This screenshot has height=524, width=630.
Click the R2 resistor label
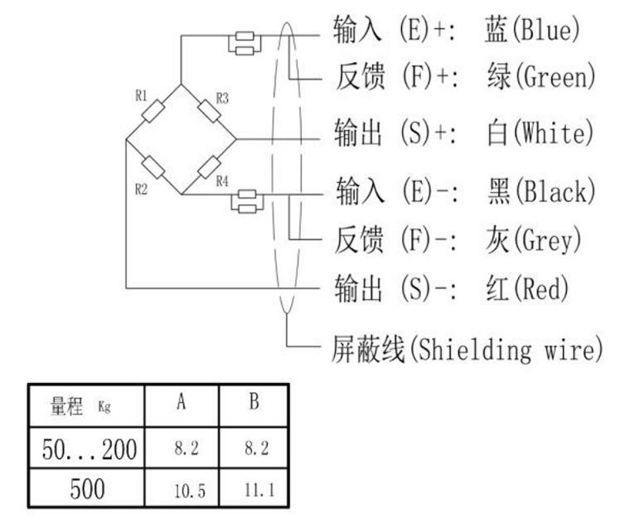[141, 189]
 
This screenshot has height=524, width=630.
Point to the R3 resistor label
[222, 98]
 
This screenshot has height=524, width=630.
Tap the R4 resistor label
[222, 181]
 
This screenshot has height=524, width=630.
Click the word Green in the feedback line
[555, 78]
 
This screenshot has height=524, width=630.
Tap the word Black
[555, 192]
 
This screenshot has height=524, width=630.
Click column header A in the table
[181, 404]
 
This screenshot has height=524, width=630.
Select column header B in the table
[254, 404]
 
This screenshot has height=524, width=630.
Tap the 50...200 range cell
[90, 449]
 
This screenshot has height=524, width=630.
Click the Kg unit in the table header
[104, 407]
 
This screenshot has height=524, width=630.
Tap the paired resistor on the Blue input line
[245, 42]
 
